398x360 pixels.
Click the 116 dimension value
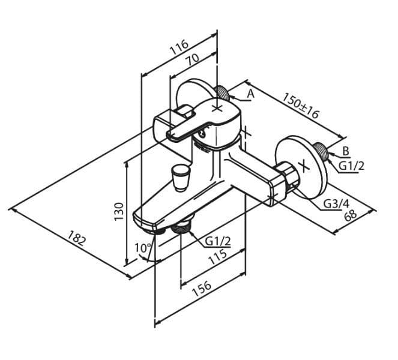point(179,47)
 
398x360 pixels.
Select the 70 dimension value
point(193,60)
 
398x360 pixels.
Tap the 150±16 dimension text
point(301,106)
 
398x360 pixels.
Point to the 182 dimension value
point(76,238)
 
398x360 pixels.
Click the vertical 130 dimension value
point(119,211)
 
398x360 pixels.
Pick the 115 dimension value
point(217,257)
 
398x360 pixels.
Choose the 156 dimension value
point(202,289)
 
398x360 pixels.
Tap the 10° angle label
point(143,248)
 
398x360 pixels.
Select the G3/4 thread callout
point(337,203)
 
